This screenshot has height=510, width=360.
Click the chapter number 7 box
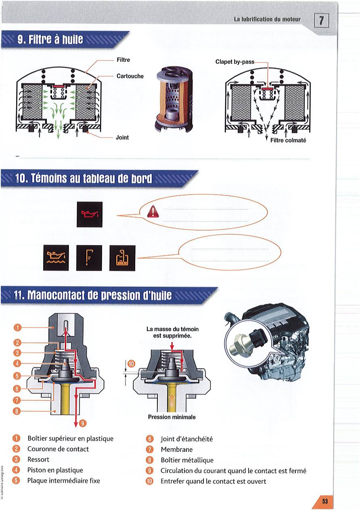322,20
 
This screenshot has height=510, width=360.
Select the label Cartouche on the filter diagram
130,76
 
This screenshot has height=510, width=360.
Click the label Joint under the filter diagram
122,137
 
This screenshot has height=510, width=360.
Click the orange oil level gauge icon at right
122,258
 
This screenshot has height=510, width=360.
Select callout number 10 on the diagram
130,365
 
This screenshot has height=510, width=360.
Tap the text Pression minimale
172,417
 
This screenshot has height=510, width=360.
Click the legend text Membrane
176,449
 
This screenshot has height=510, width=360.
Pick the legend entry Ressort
38,460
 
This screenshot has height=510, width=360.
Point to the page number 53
324,501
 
